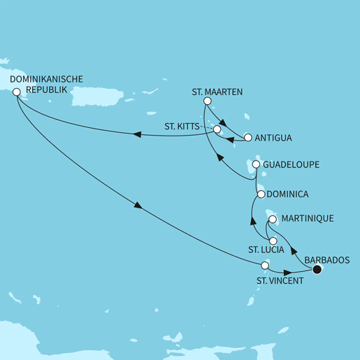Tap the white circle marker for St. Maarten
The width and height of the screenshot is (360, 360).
(206, 101)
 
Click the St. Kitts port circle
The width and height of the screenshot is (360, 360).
(217, 129)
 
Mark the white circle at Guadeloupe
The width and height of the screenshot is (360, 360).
(256, 165)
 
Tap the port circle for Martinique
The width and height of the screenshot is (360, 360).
(273, 219)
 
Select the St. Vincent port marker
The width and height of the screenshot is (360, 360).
(264, 266)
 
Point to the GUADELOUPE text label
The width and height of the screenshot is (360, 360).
(292, 165)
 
